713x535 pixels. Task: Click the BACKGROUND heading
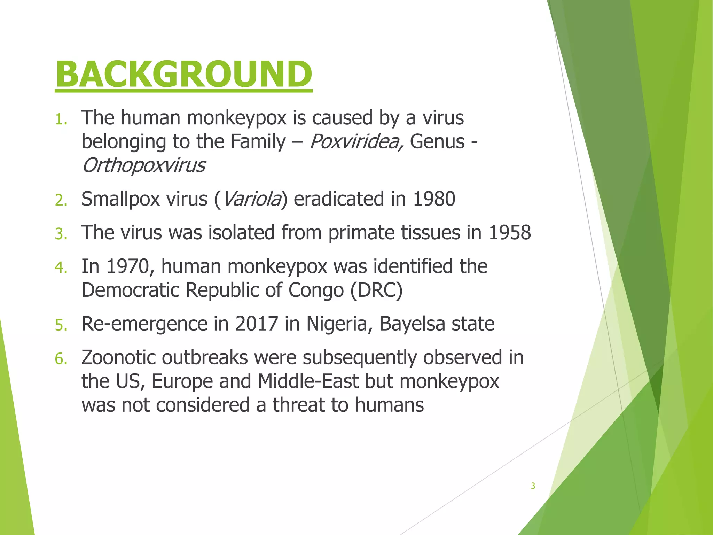[183, 74]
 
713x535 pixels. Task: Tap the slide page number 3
[533, 486]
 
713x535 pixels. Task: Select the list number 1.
[61, 119]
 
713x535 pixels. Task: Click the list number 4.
[61, 268]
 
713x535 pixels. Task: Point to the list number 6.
[61, 359]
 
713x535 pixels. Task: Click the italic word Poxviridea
[356, 142]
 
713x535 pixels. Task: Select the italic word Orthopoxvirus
[143, 165]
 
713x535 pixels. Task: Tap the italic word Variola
[251, 199]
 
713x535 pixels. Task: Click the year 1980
[434, 199]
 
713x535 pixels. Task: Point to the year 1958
[510, 233]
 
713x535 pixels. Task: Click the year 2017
[257, 324]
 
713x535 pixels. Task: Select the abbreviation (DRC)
[376, 290]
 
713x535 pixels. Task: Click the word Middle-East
[308, 381]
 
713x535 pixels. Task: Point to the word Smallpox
[120, 199]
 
